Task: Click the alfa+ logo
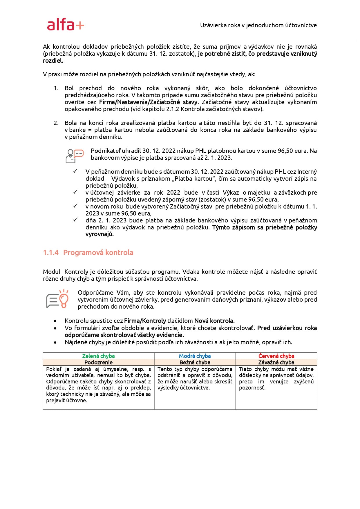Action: tap(66, 25)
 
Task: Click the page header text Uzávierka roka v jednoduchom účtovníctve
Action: tap(258, 25)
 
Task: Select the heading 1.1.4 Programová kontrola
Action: tap(88, 253)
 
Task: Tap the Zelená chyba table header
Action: tap(98, 356)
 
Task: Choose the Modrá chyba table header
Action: tap(195, 356)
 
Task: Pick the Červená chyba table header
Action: tap(276, 356)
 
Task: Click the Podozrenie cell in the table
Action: tap(98, 362)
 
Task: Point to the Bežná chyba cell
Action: tap(195, 362)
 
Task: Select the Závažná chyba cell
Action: tap(276, 362)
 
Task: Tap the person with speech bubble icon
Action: tap(74, 156)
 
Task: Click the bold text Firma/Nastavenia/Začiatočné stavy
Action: tap(148, 102)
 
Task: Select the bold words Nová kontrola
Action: tap(214, 321)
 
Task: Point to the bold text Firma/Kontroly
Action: tap(145, 321)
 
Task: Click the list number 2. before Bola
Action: tap(56, 123)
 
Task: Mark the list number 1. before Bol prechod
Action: tap(56, 88)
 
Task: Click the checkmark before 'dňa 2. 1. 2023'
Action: tap(75, 220)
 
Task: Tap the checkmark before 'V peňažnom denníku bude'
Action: tap(75, 171)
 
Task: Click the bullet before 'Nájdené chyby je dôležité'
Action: tap(55, 343)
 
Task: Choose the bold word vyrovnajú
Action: tap(100, 234)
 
